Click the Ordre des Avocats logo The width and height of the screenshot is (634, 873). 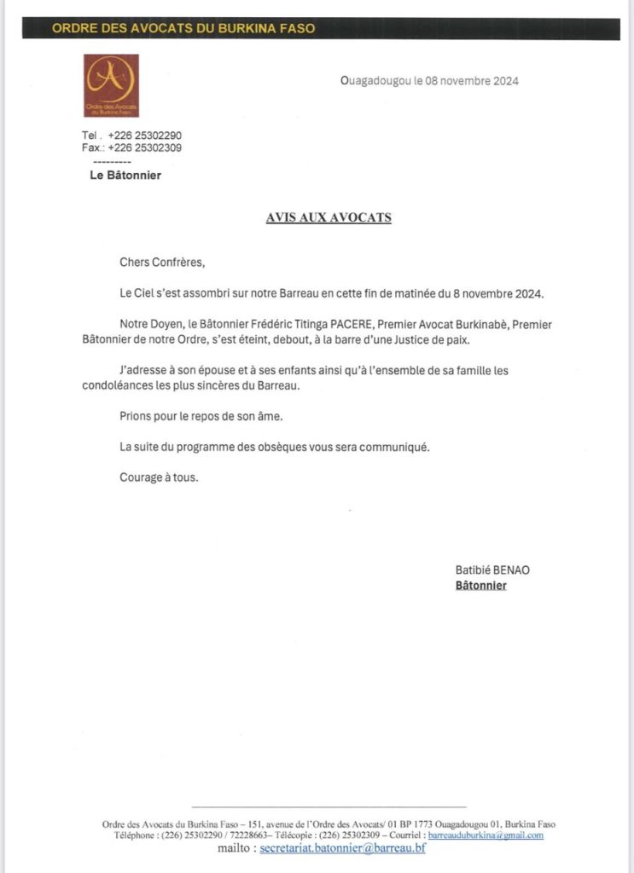[x=111, y=85]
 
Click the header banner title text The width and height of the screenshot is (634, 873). [x=183, y=28]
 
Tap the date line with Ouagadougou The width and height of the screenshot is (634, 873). [x=429, y=82]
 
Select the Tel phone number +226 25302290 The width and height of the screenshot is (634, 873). [x=145, y=136]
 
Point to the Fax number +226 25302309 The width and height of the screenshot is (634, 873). [x=145, y=147]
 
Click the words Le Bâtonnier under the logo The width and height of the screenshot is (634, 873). [x=125, y=176]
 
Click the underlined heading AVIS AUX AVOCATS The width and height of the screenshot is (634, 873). [x=329, y=217]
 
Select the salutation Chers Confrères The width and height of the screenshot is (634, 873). [x=162, y=263]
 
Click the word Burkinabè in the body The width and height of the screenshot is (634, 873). [x=483, y=325]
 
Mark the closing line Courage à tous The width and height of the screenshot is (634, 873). [x=159, y=477]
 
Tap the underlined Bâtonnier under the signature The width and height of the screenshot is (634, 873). [x=480, y=586]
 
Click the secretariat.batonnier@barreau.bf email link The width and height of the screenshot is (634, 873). [x=342, y=848]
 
